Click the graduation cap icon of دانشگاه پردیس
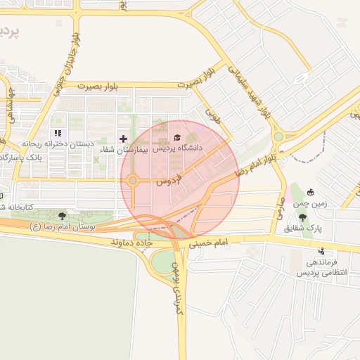(176, 136)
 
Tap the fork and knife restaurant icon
(58, 132)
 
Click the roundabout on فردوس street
(132, 181)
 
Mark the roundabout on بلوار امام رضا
(278, 136)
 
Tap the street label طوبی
(213, 115)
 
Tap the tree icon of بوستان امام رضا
(63, 216)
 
